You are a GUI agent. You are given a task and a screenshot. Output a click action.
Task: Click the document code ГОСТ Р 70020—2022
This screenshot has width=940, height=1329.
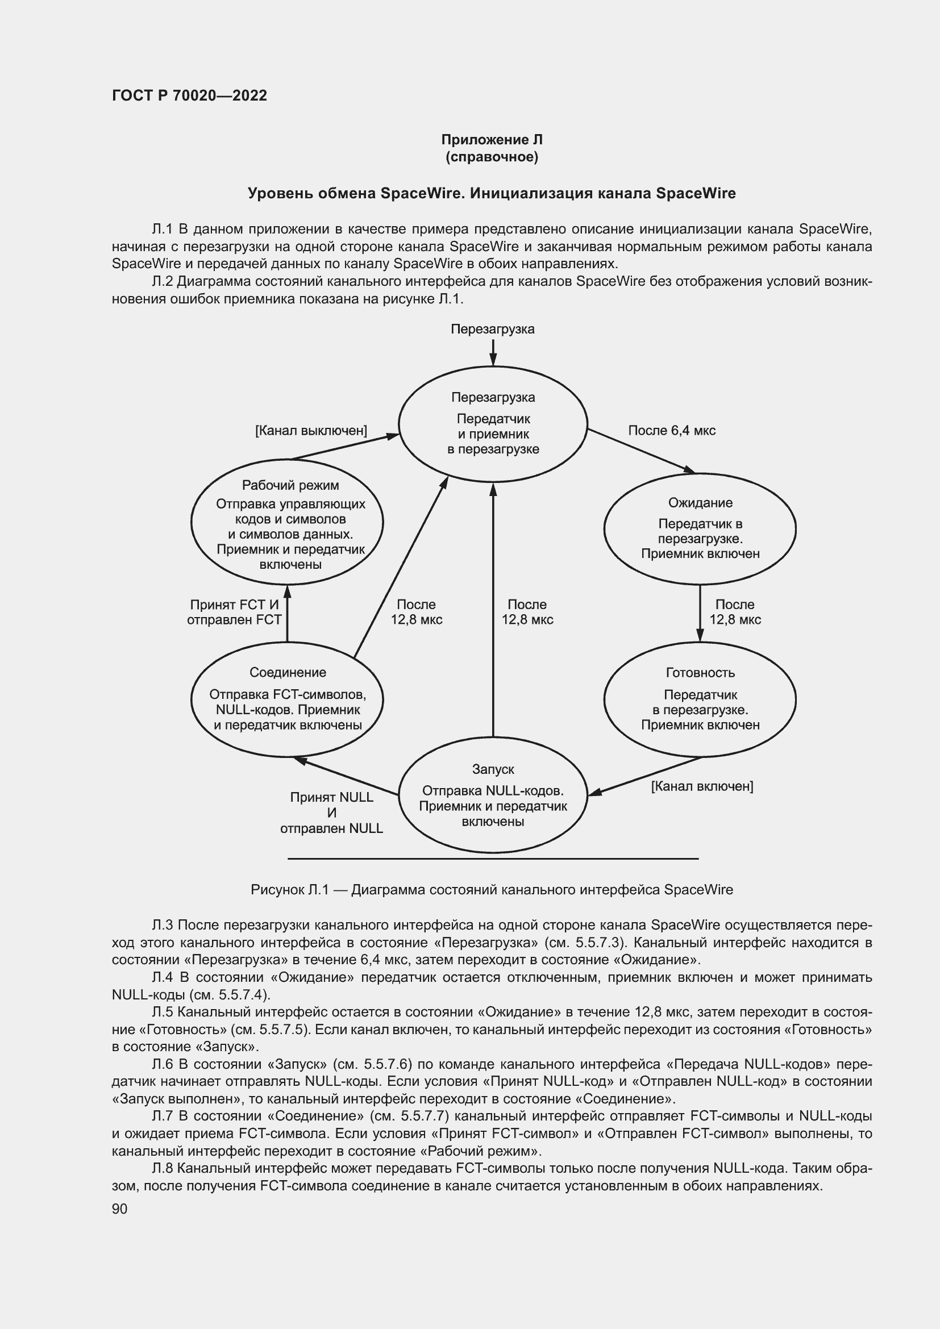[x=189, y=95]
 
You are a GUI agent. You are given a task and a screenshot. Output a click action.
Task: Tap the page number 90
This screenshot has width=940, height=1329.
[x=119, y=1209]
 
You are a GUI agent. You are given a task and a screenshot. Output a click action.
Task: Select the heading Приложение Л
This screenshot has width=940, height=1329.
[x=492, y=140]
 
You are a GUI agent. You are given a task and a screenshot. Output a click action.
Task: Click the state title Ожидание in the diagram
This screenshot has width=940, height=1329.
[x=700, y=502]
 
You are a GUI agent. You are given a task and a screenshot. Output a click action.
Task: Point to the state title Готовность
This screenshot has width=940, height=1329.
[x=700, y=673]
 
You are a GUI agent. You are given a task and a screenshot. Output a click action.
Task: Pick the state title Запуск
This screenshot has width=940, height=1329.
[x=493, y=769]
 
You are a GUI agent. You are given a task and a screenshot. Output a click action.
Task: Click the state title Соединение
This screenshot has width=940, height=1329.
[x=288, y=672]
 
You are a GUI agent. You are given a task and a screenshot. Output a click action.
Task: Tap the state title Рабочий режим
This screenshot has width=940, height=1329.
[x=290, y=485]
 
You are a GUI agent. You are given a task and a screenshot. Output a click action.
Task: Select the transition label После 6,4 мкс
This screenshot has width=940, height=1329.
[x=671, y=431]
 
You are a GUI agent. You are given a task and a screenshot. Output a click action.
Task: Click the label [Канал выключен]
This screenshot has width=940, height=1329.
[x=311, y=431]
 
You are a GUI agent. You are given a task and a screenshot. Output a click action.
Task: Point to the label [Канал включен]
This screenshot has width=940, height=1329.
[x=701, y=786]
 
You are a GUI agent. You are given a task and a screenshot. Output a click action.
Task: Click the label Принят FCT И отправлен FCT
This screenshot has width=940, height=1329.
[x=234, y=612]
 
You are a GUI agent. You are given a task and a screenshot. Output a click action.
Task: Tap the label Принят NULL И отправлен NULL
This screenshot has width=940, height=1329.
[x=331, y=813]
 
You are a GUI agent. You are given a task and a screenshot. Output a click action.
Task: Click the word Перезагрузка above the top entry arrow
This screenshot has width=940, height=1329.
[x=493, y=329]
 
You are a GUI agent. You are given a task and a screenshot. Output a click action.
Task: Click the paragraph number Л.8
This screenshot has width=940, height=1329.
[x=163, y=1168]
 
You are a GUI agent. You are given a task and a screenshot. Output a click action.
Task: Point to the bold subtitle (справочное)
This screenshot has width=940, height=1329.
[x=492, y=157]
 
